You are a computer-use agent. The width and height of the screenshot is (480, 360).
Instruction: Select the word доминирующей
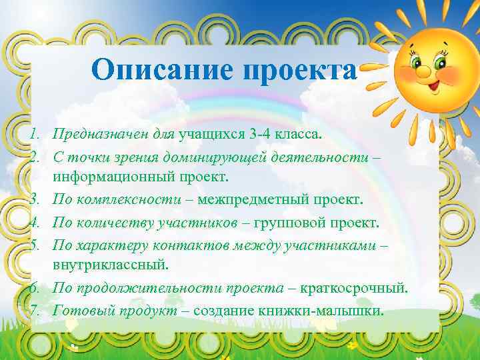coord(219,157)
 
